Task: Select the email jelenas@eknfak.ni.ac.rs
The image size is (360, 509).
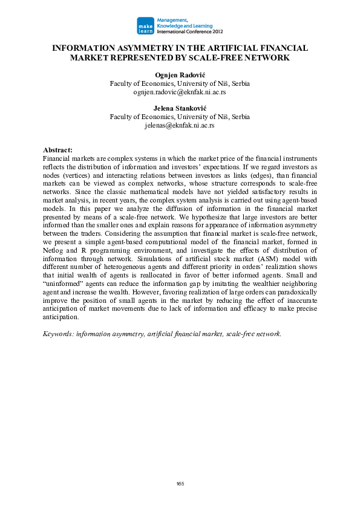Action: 179,125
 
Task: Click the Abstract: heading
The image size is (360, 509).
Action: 57,149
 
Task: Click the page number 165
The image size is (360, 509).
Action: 180,484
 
